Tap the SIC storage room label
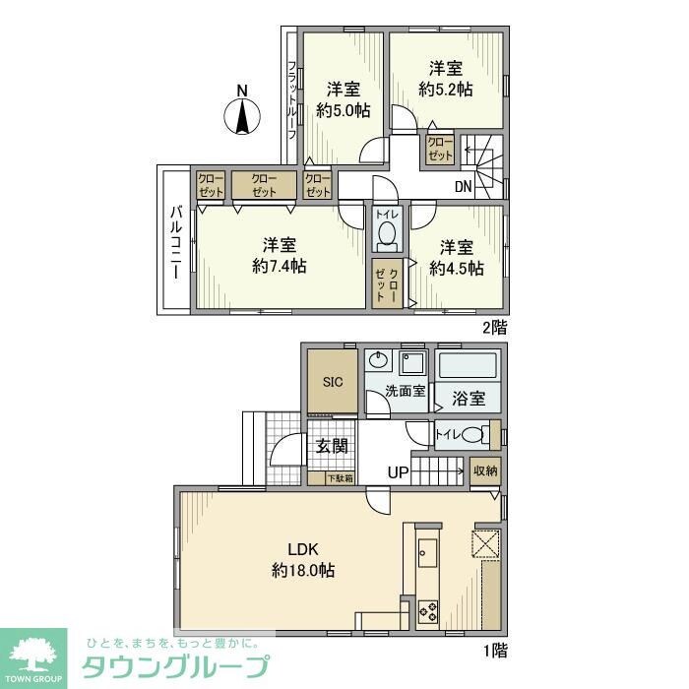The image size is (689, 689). pyautogui.click(x=331, y=383)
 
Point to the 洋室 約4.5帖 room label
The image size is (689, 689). pyautogui.click(x=456, y=256)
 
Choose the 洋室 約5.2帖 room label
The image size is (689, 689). pyautogui.click(x=445, y=79)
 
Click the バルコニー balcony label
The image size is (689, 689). pyautogui.click(x=174, y=241)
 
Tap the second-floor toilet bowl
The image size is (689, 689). pyautogui.click(x=387, y=235)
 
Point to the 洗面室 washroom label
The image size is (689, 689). pyautogui.click(x=405, y=390)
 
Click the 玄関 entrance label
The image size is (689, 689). pyautogui.click(x=331, y=446)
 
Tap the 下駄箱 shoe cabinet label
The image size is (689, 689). pyautogui.click(x=342, y=478)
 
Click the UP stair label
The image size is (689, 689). pyautogui.click(x=398, y=473)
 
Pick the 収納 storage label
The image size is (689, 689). pyautogui.click(x=484, y=471)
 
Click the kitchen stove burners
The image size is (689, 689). pyautogui.click(x=429, y=610)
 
